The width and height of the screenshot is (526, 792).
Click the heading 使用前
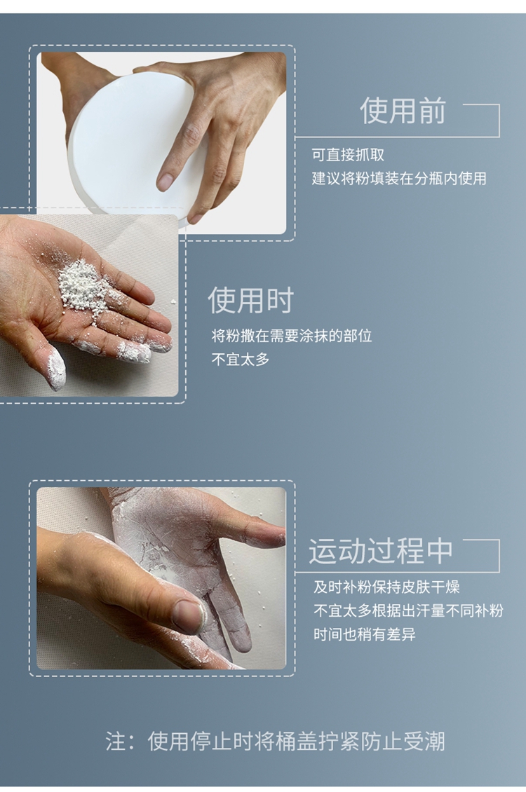pos(403,111)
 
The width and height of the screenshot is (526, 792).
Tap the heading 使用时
pos(250,300)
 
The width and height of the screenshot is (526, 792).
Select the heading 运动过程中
pos(381,551)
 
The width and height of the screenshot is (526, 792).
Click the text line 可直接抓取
pos(348,155)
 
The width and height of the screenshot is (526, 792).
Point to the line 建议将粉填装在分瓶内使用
pos(398,178)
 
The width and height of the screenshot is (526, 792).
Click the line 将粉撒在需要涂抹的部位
pos(292,336)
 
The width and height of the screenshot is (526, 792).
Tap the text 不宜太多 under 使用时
pos(241,360)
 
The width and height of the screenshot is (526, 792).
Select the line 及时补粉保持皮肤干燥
pos(386,587)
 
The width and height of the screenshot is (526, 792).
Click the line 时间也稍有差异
pos(364,634)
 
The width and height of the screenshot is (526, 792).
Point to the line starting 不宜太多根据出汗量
pos(408,610)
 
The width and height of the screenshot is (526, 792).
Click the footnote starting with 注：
pos(276,741)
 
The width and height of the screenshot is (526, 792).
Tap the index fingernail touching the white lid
pos(165,182)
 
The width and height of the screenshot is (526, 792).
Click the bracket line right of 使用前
pos(499,121)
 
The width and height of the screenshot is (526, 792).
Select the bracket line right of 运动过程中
pos(499,556)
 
